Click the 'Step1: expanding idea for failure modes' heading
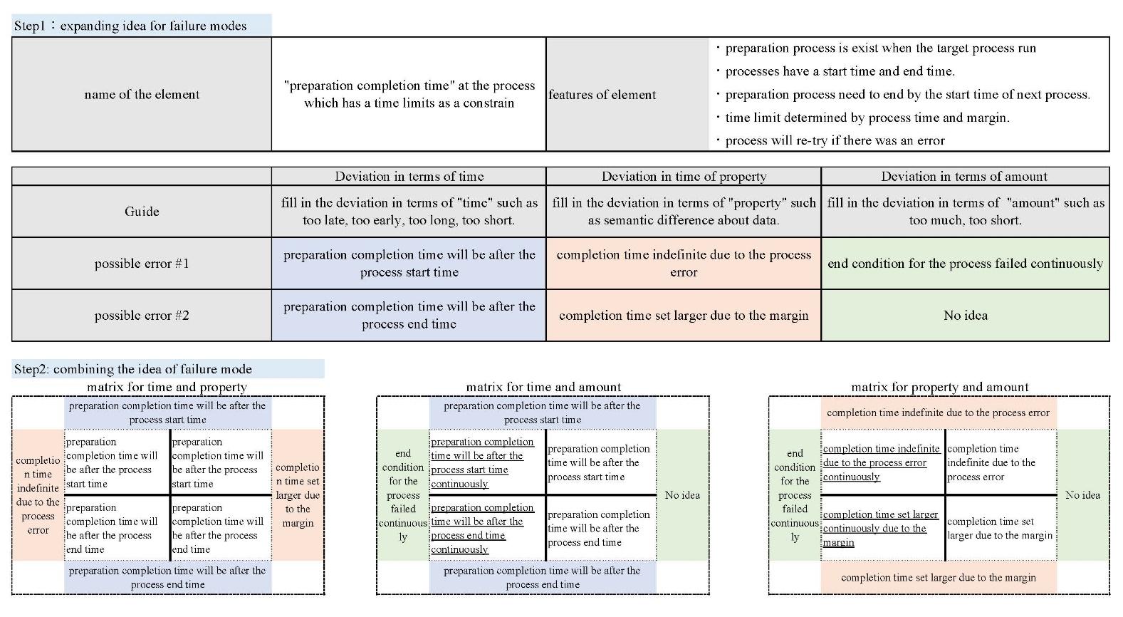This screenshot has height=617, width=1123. [130, 26]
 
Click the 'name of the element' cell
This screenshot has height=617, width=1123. [142, 94]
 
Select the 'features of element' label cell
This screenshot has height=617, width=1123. [602, 95]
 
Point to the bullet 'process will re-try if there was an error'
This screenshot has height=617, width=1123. [835, 140]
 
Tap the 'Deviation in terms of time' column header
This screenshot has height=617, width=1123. [409, 177]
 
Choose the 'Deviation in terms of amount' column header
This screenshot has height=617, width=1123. [964, 177]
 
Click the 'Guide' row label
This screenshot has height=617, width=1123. [142, 211]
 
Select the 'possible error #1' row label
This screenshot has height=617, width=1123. [142, 264]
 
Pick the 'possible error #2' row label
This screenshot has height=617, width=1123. [142, 316]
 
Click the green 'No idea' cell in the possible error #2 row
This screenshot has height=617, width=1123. [965, 316]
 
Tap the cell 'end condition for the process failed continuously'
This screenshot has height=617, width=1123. [965, 264]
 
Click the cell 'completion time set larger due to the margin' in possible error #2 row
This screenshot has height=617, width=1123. [684, 316]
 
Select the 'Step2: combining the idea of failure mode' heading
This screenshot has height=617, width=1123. [133, 369]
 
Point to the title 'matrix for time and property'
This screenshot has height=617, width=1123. [167, 387]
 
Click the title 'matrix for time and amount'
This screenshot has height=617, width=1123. [543, 387]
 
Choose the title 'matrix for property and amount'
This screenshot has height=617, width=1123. [939, 387]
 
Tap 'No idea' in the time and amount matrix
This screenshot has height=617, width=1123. [682, 494]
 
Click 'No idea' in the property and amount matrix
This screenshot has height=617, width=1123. [1082, 494]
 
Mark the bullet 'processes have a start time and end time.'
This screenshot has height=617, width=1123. [840, 71]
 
